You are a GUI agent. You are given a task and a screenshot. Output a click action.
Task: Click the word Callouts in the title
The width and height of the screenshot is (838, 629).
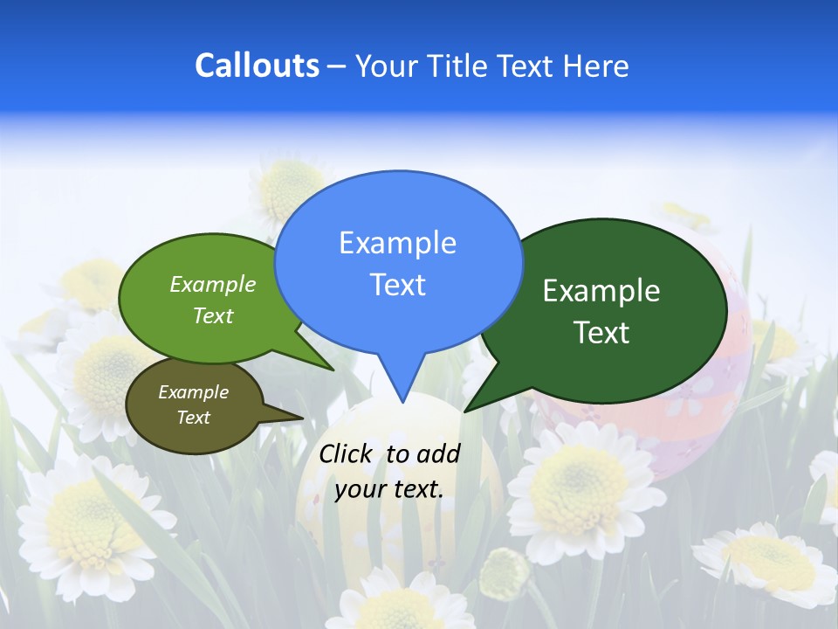[x=257, y=66]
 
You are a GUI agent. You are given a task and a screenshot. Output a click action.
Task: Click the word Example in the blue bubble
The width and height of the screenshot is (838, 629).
[x=397, y=243]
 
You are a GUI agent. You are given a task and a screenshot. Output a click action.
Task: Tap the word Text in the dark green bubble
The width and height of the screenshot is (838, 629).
[x=601, y=333]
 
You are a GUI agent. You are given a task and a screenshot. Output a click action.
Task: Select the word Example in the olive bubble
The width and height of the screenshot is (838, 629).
[x=193, y=392]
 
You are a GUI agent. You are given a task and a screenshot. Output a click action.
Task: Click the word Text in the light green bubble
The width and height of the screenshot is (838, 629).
[x=213, y=315]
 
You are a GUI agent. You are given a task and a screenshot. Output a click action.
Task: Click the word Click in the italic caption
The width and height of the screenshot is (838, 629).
[x=347, y=453]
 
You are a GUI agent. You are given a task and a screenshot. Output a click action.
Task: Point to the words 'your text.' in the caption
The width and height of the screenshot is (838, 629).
[x=389, y=489]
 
